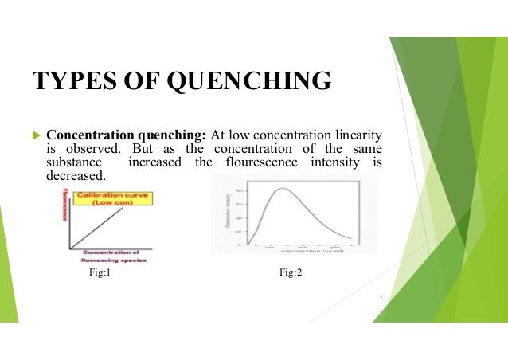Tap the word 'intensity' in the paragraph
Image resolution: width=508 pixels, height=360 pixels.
click(x=339, y=162)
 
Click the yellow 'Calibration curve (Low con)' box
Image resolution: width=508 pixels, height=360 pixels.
click(x=103, y=199)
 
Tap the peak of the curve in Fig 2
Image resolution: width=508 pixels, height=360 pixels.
click(x=281, y=190)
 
